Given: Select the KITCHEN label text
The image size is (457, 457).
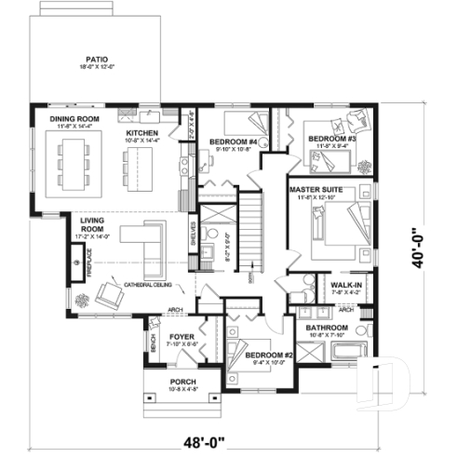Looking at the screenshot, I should [142, 133].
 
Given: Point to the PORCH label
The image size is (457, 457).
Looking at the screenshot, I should [182, 382].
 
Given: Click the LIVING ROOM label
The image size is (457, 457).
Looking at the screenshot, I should [91, 223].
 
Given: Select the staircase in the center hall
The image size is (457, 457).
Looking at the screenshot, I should [254, 228].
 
